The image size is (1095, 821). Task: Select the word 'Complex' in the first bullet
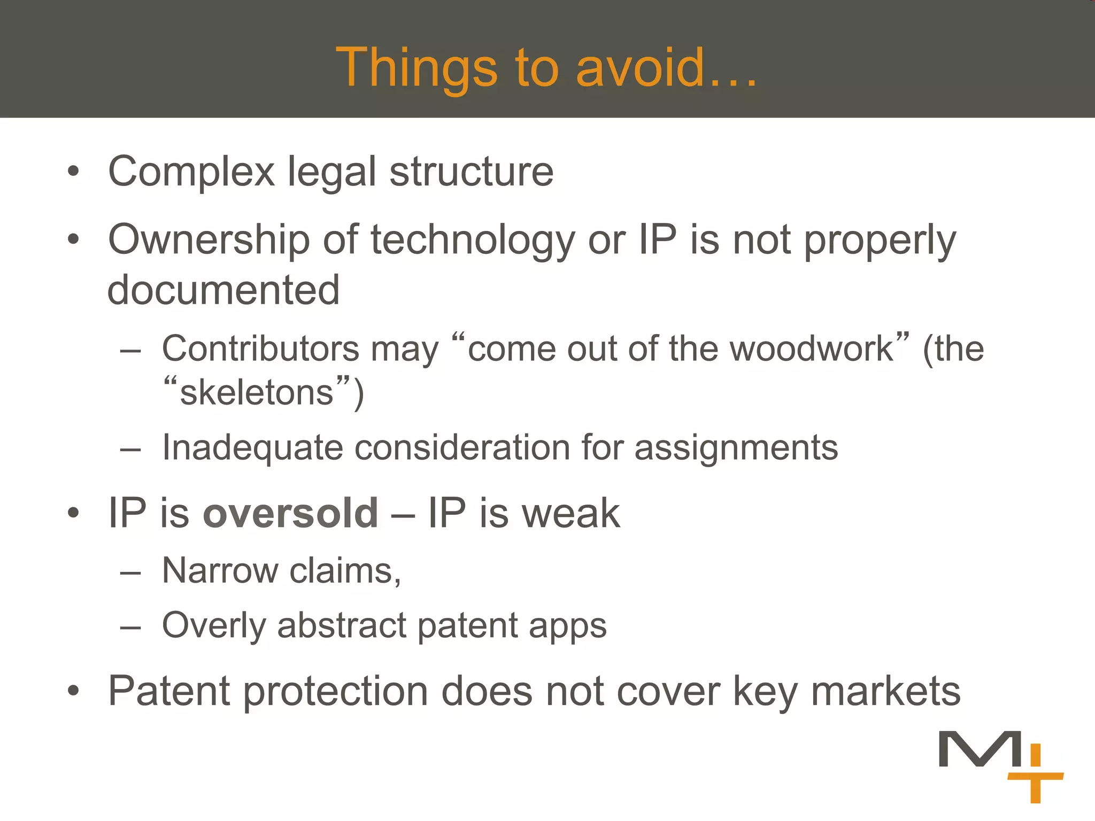pos(191,172)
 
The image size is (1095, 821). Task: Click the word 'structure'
pos(471,172)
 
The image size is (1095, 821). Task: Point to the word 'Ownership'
pos(209,241)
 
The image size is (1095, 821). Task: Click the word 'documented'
pos(223,290)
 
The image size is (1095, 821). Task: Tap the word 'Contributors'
pos(260,348)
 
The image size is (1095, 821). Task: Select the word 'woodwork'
pos(812,348)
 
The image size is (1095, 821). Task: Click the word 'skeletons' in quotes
pos(257,393)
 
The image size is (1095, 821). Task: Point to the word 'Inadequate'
pos(252,447)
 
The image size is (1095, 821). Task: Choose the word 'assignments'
pos(736,448)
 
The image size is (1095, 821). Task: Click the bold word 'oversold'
pos(290,513)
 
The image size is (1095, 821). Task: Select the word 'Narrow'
pos(220,571)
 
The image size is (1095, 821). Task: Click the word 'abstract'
pos(342,625)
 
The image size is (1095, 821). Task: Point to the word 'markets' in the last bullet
pos(885,691)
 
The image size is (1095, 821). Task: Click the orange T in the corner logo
pos(1035,786)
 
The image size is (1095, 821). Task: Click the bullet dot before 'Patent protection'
pos(73,691)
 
